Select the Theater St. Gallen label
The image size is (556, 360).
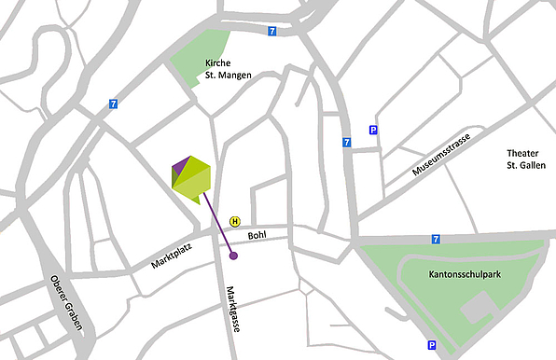523,159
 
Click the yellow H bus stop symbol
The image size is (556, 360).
235,222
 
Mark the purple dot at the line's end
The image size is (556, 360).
233,255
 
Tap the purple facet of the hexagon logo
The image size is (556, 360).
180,167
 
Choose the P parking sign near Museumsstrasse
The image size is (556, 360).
373,131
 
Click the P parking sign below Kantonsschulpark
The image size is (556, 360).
432,345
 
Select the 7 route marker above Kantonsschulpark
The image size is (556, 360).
437,239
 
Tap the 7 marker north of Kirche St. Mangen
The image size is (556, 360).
271,31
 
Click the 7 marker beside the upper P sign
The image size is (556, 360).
346,143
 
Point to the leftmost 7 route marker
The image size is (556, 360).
113,104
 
